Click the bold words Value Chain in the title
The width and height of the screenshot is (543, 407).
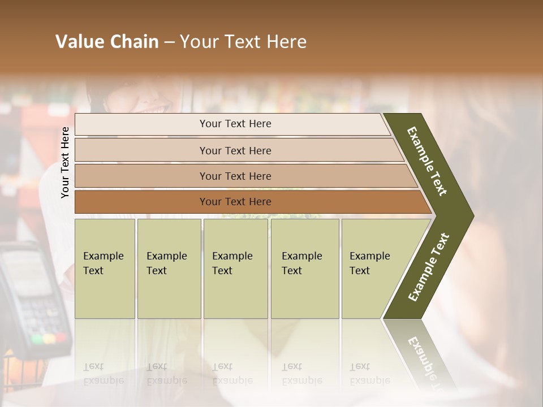tap(107, 42)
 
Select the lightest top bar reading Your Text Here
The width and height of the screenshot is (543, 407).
tap(235, 124)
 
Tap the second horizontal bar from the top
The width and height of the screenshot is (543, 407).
tap(235, 150)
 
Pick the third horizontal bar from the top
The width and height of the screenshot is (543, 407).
tap(235, 176)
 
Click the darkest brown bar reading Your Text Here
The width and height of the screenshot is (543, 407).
tap(235, 202)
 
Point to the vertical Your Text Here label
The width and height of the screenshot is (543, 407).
tap(65, 162)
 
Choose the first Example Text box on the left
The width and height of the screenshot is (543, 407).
tap(105, 268)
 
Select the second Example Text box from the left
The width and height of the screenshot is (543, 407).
tap(169, 268)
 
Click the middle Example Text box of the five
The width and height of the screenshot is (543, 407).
tap(235, 268)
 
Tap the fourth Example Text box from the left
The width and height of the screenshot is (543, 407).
tap(305, 268)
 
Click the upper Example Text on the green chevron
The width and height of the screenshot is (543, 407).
tap(427, 161)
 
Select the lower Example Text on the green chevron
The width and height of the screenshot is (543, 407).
tap(429, 267)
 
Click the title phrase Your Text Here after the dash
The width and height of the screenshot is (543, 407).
tap(243, 42)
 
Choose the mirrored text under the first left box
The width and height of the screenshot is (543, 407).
tap(104, 374)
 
